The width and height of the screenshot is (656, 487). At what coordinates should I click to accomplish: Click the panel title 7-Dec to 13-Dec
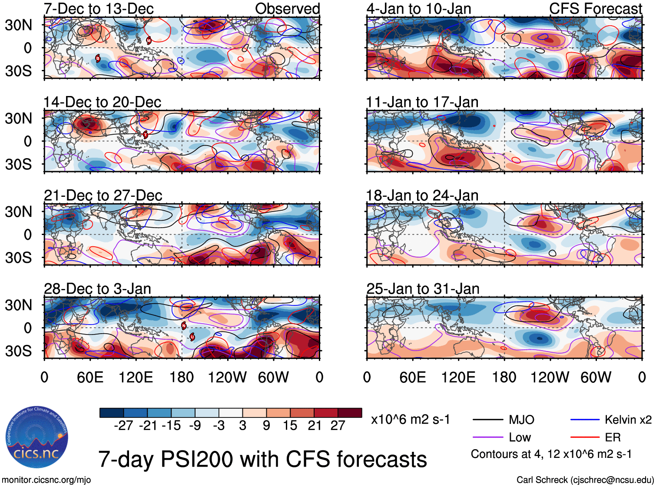99,9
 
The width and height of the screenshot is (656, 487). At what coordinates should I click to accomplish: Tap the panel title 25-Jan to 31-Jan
423,289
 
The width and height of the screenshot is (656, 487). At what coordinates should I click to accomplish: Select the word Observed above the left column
287,9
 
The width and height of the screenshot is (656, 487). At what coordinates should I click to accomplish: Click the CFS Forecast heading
595,9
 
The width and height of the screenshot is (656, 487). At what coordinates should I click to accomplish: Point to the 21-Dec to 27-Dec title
103,195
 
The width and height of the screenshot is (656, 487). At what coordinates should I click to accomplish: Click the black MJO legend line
488,420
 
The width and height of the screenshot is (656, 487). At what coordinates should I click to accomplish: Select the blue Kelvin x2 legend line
584,420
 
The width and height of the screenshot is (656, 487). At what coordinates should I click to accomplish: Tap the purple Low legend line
488,437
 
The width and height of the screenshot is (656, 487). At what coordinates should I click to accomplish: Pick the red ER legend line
584,437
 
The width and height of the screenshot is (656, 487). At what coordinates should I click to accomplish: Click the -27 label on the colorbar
123,426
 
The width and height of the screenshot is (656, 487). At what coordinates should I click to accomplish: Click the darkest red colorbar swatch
350,413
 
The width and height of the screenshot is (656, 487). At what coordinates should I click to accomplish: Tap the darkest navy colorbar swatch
112,413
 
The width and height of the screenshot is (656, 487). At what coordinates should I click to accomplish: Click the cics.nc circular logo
37,437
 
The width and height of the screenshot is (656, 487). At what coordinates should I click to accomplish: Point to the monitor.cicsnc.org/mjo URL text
46,480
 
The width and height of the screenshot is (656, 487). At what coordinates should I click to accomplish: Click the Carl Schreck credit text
585,480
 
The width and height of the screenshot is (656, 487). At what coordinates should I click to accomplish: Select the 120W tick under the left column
227,377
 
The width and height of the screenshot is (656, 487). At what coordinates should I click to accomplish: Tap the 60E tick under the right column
412,377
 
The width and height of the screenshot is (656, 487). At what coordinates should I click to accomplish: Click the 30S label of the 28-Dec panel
18,351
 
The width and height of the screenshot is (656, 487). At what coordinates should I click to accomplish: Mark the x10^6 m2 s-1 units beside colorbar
410,420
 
